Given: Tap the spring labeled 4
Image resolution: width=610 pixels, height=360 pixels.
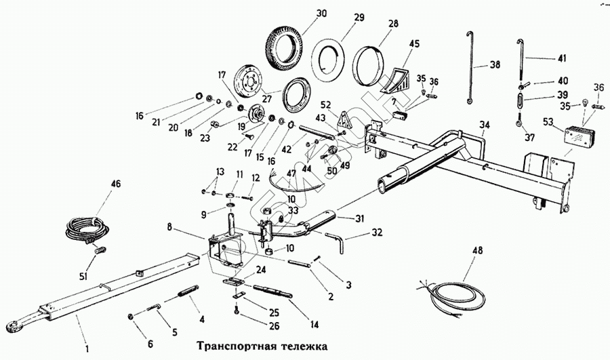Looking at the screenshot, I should (186, 292).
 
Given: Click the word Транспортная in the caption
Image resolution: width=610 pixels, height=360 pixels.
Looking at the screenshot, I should (230, 344).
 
